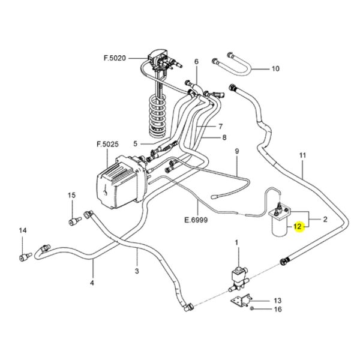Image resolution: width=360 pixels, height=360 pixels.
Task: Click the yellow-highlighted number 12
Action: click(x=298, y=227)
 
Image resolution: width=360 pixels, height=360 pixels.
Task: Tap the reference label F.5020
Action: click(x=115, y=58)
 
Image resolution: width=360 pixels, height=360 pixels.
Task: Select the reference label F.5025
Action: click(x=107, y=144)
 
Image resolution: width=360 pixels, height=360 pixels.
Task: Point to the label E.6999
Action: click(x=196, y=220)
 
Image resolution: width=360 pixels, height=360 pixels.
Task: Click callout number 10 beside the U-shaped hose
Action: click(x=275, y=68)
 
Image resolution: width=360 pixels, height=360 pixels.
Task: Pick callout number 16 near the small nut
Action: click(x=278, y=309)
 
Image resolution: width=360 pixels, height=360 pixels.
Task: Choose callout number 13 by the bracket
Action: click(x=278, y=301)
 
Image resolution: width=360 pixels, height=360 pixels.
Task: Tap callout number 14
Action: click(x=23, y=230)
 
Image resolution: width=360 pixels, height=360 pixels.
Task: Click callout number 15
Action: click(x=71, y=196)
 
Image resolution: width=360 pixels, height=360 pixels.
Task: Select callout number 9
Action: click(x=237, y=151)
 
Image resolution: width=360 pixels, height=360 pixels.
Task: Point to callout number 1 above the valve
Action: click(x=236, y=242)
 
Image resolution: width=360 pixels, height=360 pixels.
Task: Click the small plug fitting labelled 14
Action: click(x=25, y=257)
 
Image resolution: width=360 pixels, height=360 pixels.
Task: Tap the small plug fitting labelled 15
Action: click(x=75, y=221)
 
